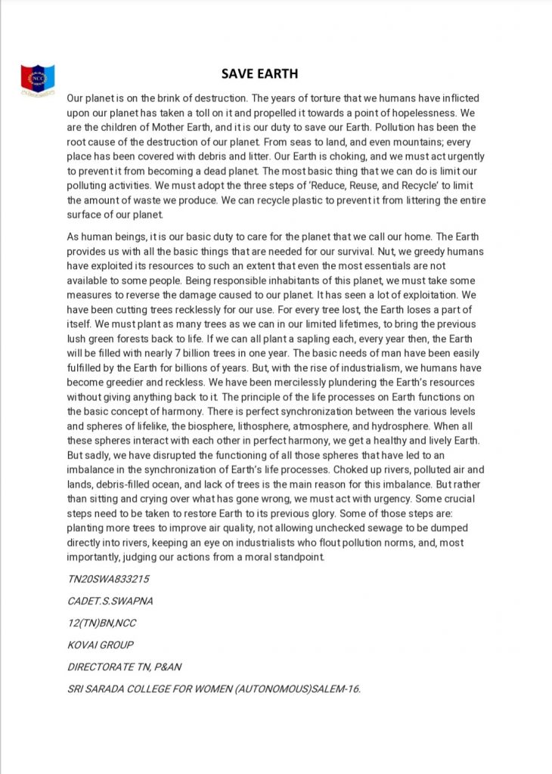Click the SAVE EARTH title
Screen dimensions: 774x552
pyautogui.click(x=259, y=74)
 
